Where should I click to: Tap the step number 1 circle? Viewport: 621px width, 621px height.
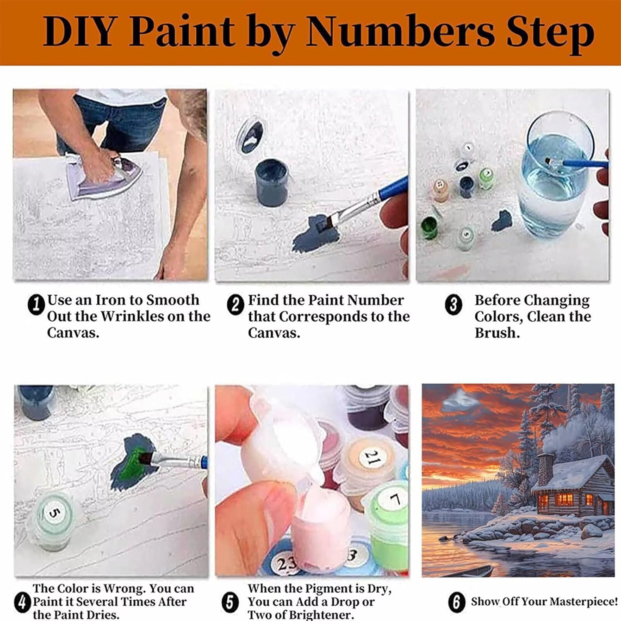(x=36, y=304)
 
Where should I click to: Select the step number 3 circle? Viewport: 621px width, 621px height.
(x=453, y=304)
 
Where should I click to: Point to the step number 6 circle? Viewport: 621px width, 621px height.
(x=456, y=602)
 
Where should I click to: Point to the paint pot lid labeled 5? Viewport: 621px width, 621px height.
(x=53, y=513)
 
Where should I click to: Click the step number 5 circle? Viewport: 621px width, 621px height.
(x=230, y=602)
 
